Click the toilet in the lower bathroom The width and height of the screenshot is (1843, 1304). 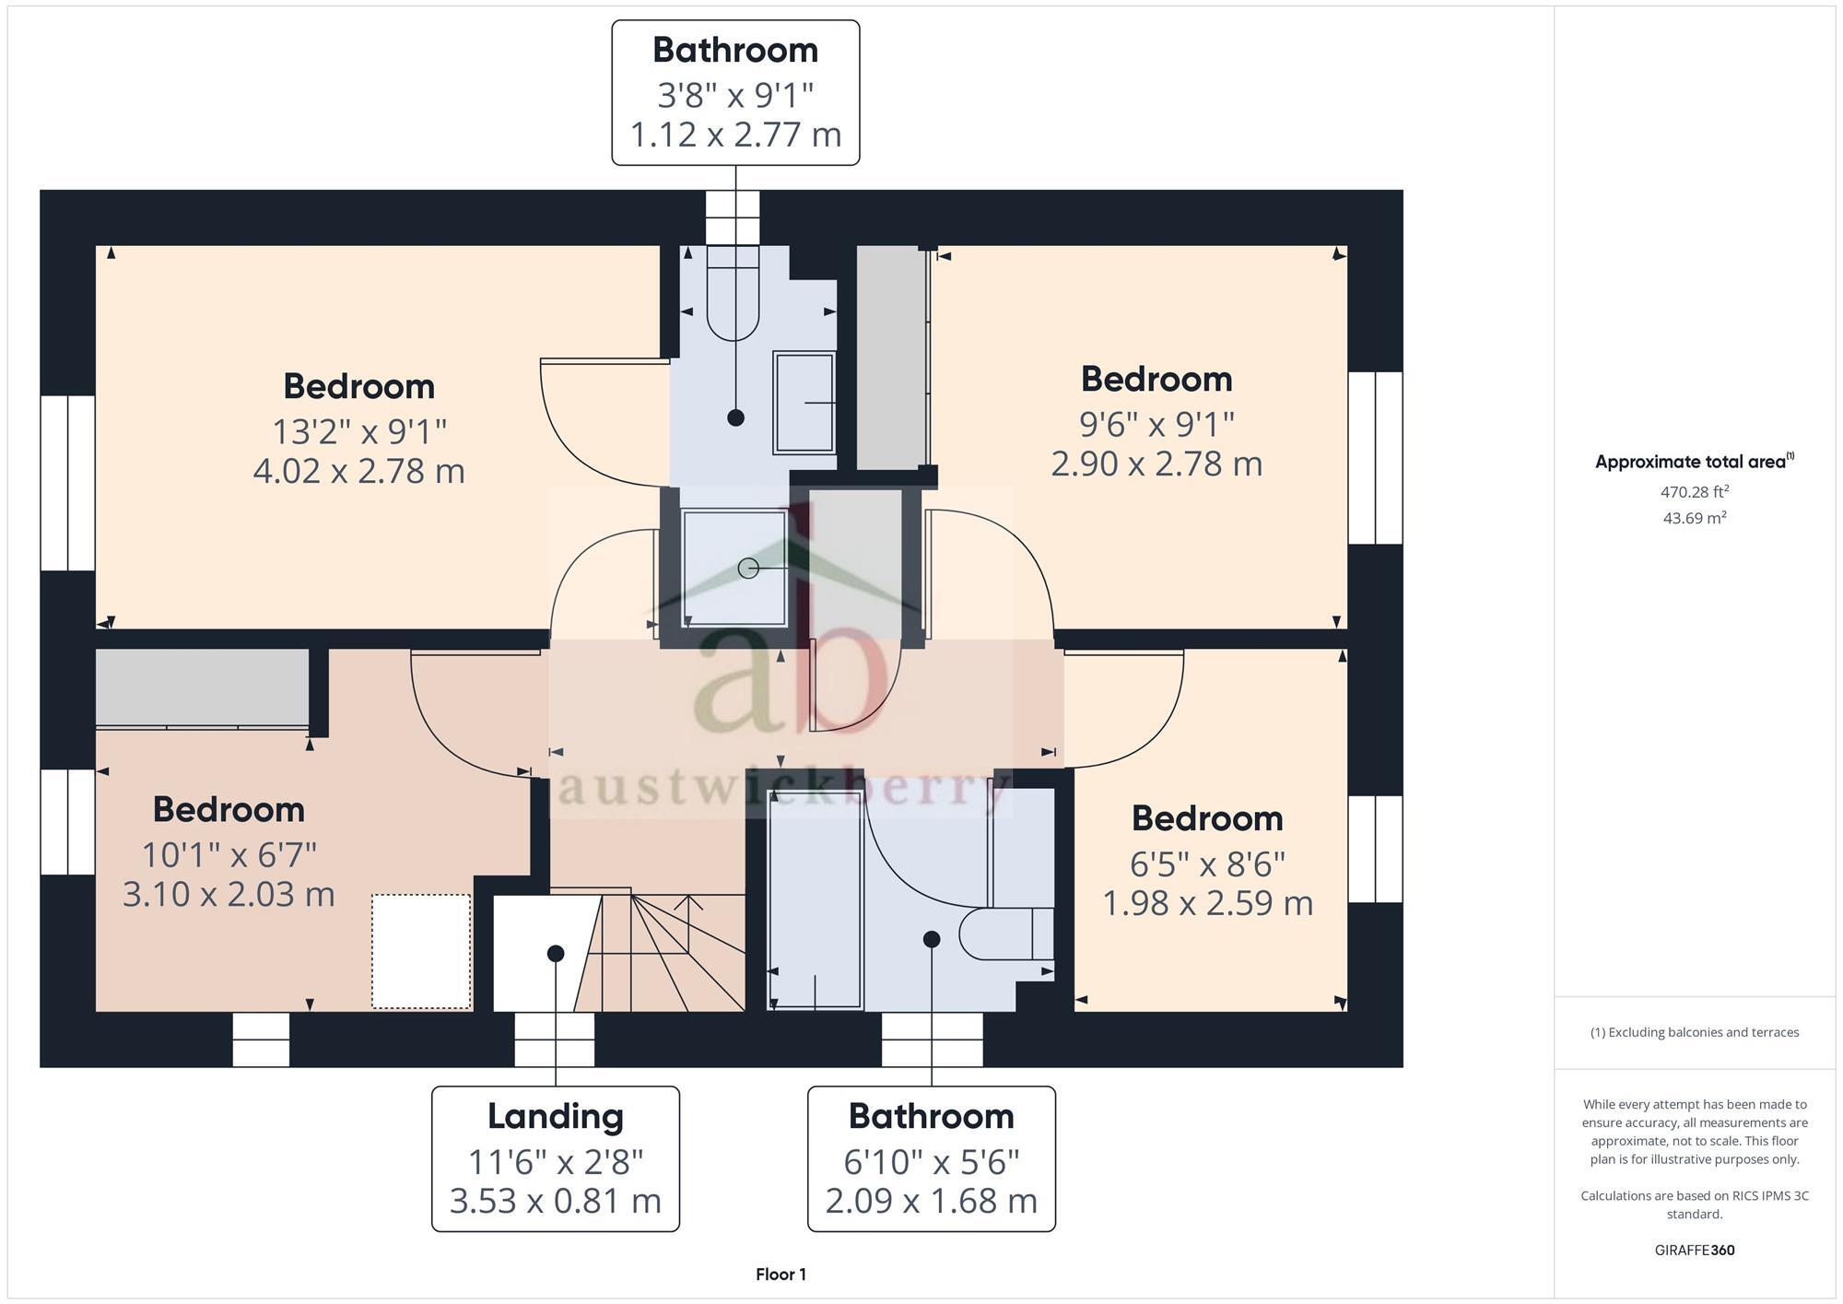tap(1004, 934)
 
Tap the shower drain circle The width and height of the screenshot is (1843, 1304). tap(748, 569)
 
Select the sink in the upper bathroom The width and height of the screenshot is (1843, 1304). tap(804, 403)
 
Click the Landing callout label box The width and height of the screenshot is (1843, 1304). tap(556, 1158)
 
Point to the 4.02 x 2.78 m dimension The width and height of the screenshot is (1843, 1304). tap(358, 471)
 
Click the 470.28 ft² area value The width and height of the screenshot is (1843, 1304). tap(1694, 492)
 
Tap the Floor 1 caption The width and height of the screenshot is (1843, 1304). tap(781, 1275)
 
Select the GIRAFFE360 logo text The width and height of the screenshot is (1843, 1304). tap(1694, 1251)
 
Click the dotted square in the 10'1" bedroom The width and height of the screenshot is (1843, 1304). tap(421, 951)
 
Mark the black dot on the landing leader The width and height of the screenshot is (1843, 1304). tap(555, 953)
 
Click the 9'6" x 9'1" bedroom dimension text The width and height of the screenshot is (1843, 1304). tap(1156, 424)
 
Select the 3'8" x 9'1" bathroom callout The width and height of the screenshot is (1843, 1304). tap(735, 93)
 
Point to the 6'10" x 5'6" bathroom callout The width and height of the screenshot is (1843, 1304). tap(931, 1158)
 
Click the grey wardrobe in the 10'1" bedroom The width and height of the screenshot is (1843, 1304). tap(202, 687)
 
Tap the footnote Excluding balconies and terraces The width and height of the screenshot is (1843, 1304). tap(1694, 1032)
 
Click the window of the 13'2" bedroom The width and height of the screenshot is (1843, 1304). tap(67, 483)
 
